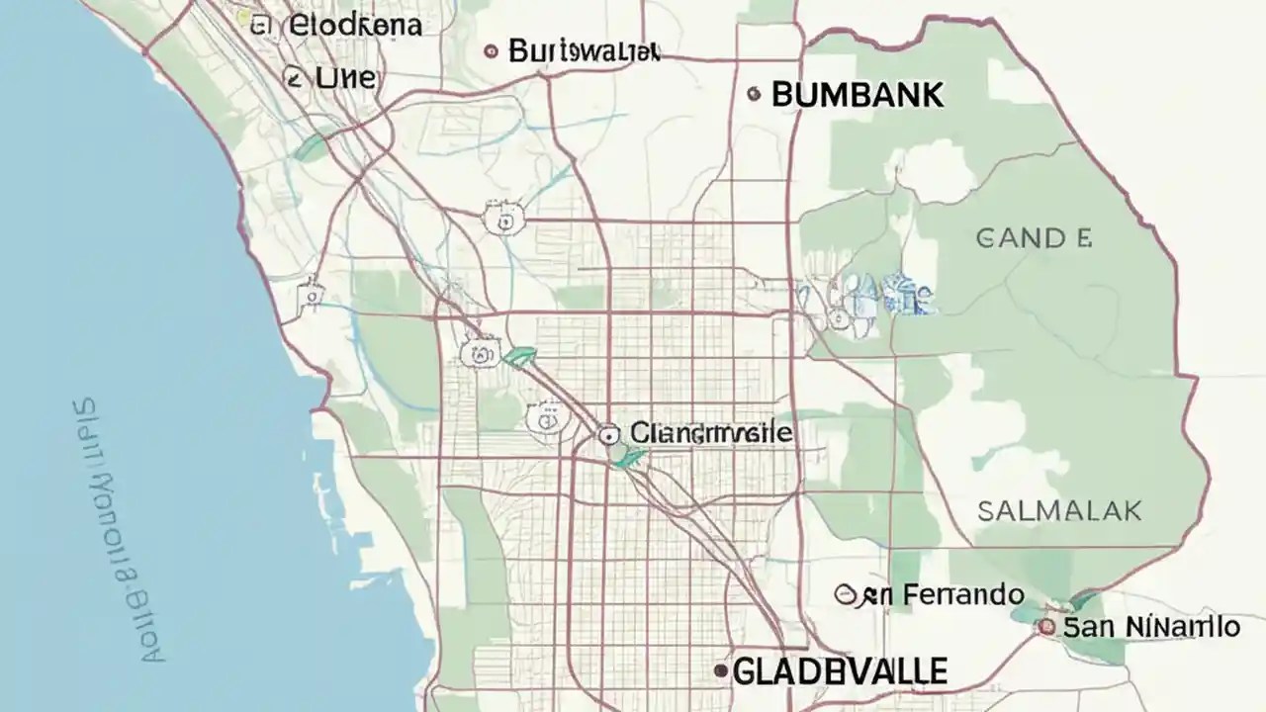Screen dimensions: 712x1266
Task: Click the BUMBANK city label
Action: point(857,95)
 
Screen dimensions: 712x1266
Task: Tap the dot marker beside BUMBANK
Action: point(754,95)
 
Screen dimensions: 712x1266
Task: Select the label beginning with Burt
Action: point(584,50)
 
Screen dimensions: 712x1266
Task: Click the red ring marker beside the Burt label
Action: point(491,50)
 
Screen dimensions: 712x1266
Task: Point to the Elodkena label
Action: point(355,26)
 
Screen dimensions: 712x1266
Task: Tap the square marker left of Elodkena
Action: point(261,26)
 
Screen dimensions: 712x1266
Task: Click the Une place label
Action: point(345,77)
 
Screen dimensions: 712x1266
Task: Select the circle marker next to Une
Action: point(293,77)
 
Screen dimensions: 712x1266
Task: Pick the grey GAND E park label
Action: point(1034,237)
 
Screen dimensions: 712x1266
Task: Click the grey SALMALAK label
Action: point(1059,511)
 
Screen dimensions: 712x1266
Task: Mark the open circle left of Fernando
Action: point(845,594)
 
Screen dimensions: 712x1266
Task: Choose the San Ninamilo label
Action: point(1149,626)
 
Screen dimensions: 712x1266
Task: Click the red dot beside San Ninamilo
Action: point(1045,626)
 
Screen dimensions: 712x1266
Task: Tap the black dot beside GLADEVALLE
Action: point(721,671)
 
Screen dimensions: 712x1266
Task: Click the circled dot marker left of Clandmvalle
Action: point(609,433)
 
